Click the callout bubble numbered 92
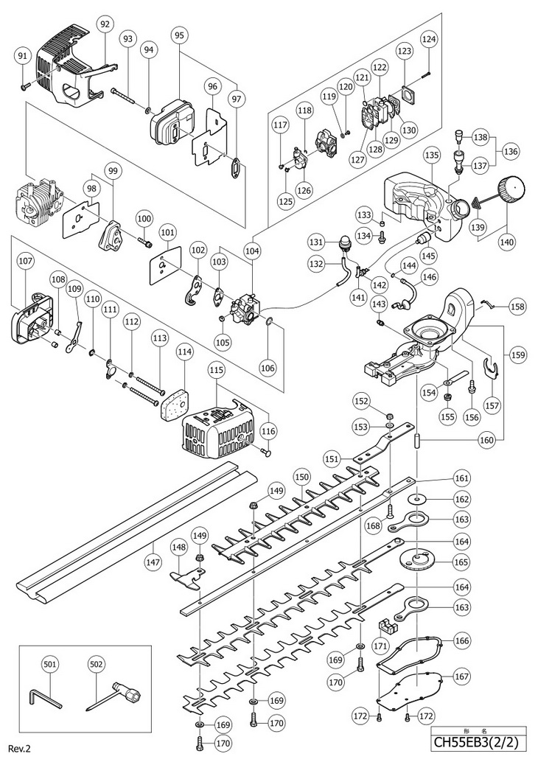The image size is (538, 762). tap(105, 24)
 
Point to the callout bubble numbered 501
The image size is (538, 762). tap(50, 663)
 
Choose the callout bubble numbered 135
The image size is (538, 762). tap(432, 155)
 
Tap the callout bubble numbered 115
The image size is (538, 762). tap(217, 368)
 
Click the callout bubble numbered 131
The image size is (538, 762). tap(316, 241)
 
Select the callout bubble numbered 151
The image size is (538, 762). tap(332, 458)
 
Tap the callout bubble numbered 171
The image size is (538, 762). tap(380, 646)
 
